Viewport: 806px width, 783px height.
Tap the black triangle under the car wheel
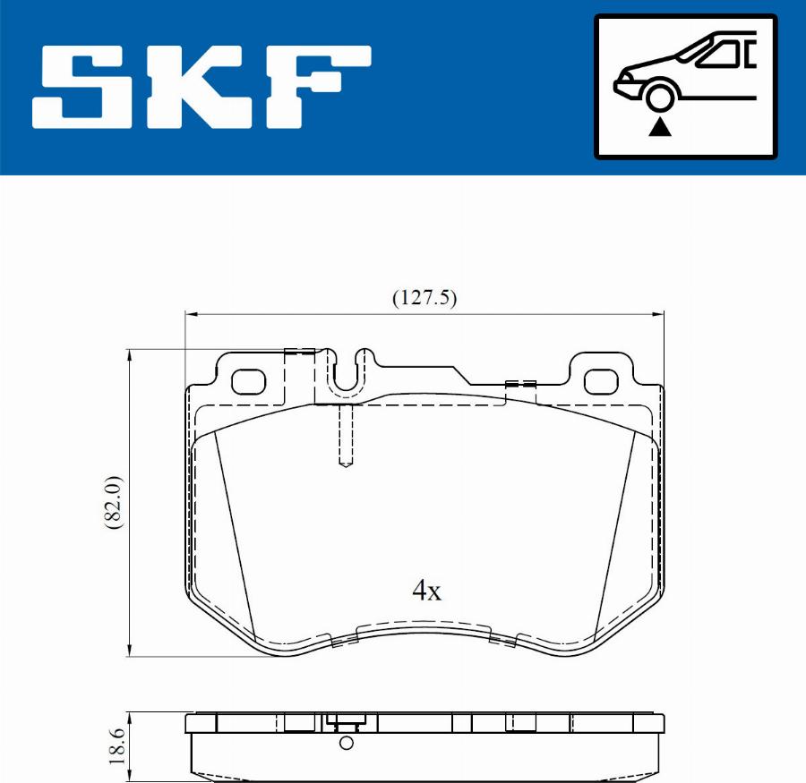(x=660, y=127)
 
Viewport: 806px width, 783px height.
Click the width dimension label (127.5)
(x=424, y=299)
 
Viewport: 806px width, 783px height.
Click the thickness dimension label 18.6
(x=115, y=745)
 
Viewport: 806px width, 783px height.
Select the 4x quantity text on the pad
(x=427, y=591)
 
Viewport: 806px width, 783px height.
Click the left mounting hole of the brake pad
(x=249, y=382)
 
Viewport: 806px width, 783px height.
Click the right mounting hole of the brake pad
(x=602, y=382)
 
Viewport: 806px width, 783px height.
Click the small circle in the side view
(x=347, y=743)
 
